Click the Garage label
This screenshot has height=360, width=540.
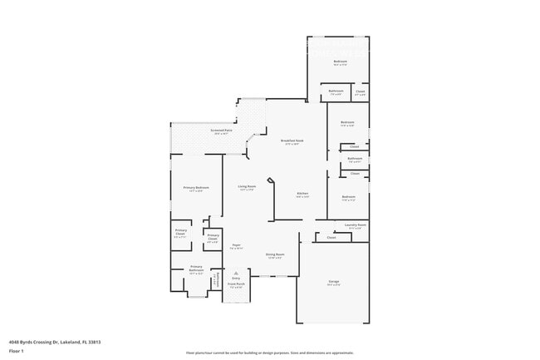tap(333, 282)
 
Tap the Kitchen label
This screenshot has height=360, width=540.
tap(303, 194)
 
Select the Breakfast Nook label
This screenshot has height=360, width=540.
tap(291, 141)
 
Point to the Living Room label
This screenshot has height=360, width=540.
tap(247, 186)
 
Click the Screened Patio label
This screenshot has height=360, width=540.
tap(220, 131)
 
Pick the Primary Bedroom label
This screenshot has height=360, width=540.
tap(196, 188)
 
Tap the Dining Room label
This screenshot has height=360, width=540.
tap(275, 254)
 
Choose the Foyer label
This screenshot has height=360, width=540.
tap(236, 244)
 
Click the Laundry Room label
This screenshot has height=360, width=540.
tap(356, 225)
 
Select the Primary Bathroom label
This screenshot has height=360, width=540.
tap(196, 268)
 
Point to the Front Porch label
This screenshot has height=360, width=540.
tap(236, 284)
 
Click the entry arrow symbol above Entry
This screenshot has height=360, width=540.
tap(236, 272)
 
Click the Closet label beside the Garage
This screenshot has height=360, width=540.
tap(331, 237)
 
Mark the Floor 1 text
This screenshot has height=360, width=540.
tap(16, 352)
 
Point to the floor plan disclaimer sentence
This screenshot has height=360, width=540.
tap(270, 353)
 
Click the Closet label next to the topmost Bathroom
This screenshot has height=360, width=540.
tap(359, 93)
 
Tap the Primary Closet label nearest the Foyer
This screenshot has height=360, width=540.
tap(214, 237)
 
